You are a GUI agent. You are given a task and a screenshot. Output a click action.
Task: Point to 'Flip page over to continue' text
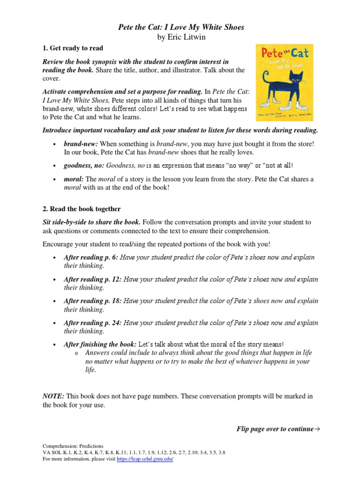click(278, 429)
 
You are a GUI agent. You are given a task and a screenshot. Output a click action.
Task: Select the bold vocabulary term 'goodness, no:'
click(84, 165)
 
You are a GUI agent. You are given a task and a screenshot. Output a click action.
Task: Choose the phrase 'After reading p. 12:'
click(92, 279)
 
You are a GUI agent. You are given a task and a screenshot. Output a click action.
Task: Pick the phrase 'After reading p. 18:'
click(92, 301)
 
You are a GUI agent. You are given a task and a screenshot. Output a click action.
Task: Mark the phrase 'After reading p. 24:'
click(92, 323)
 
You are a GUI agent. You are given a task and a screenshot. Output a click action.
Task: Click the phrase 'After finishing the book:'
click(100, 345)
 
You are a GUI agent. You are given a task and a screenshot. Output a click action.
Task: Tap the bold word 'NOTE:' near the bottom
click(53, 396)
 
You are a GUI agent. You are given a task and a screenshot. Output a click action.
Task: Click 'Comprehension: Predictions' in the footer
click(73, 446)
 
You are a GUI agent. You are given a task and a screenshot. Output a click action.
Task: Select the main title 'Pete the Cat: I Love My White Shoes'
click(181, 27)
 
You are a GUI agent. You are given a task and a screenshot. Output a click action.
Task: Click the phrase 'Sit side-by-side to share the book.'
click(91, 222)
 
